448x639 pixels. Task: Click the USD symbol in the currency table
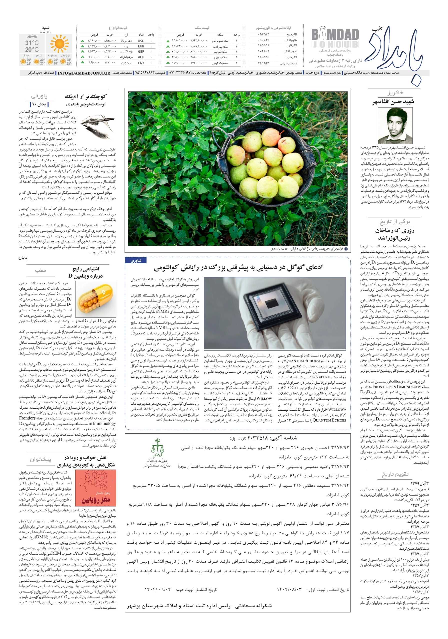tap(141, 41)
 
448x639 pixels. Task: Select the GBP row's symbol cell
tap(141, 51)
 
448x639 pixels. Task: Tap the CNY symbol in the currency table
tap(141, 63)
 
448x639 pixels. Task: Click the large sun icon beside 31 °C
tap(59, 44)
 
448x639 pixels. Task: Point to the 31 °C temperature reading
tap(32, 43)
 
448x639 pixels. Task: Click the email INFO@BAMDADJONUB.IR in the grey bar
tap(84, 73)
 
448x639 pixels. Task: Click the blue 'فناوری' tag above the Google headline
tap(136, 261)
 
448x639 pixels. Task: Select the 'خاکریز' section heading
tap(395, 93)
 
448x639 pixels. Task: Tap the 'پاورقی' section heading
tap(39, 96)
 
